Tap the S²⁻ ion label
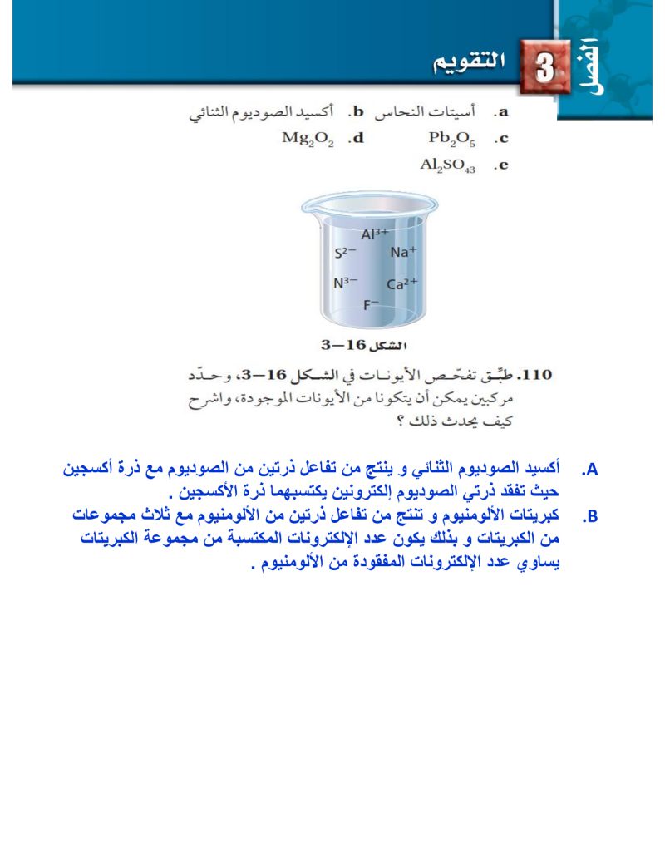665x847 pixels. coord(346,253)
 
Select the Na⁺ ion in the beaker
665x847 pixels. coord(403,253)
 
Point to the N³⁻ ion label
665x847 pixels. coord(346,283)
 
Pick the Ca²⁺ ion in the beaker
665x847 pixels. coord(401,284)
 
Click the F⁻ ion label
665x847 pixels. coord(371,305)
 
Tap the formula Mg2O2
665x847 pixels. coord(308,139)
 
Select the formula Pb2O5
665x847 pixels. coord(451,139)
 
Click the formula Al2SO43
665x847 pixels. coord(448,165)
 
